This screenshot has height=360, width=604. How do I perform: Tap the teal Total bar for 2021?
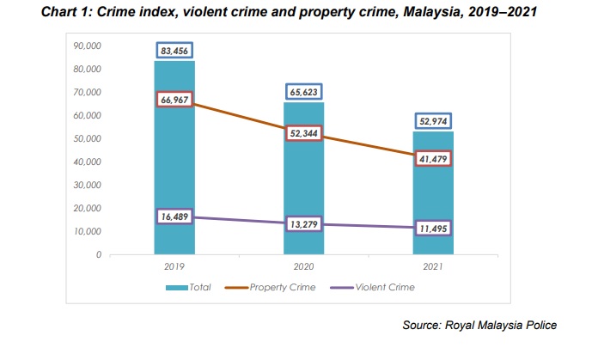(x=433, y=198)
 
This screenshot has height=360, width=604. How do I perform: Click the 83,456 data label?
(x=175, y=52)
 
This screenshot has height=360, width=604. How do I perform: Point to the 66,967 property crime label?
(x=175, y=100)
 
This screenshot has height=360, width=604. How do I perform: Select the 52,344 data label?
(x=304, y=133)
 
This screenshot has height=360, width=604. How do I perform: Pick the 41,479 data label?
(x=433, y=159)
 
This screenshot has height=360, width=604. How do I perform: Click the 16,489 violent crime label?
(x=175, y=218)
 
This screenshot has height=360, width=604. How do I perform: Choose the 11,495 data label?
(x=433, y=229)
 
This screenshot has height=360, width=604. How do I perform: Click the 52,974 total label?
(x=433, y=122)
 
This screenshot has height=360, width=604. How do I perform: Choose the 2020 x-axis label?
(x=303, y=267)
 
